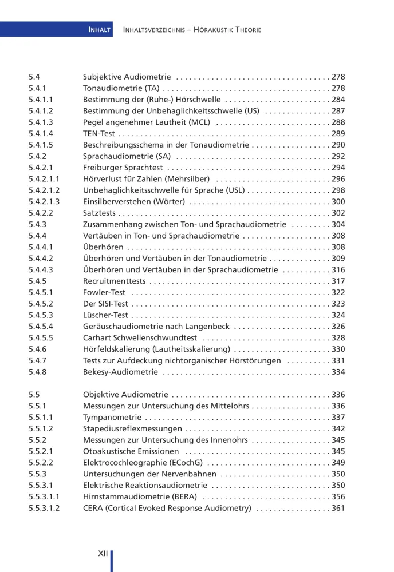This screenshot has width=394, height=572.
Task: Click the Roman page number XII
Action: [103, 553]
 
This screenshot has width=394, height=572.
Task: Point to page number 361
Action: [338, 508]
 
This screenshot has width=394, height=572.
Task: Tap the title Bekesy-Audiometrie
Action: [120, 372]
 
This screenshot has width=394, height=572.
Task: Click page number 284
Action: [338, 100]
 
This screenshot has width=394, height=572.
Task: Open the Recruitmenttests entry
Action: [113, 281]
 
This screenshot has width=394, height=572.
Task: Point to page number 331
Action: [338, 360]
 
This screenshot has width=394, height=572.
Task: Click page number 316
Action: [338, 269]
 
